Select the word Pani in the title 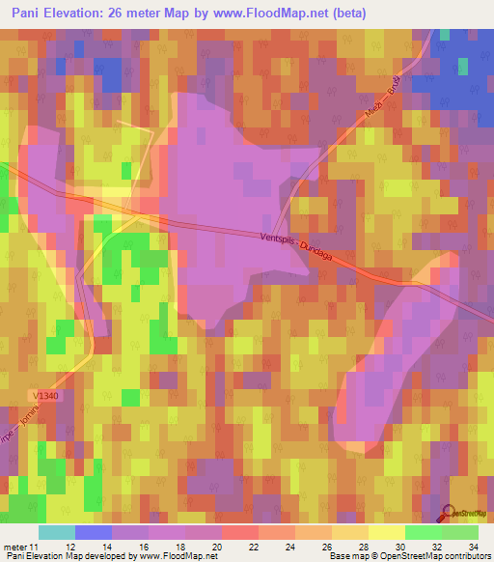tap(31, 14)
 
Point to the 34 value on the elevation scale tap(473, 546)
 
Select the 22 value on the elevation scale tap(253, 546)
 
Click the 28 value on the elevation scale tap(363, 546)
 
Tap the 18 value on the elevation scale tap(179, 546)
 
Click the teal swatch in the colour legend tap(57, 532)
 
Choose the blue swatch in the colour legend tap(94, 532)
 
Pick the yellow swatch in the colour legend tap(387, 532)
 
